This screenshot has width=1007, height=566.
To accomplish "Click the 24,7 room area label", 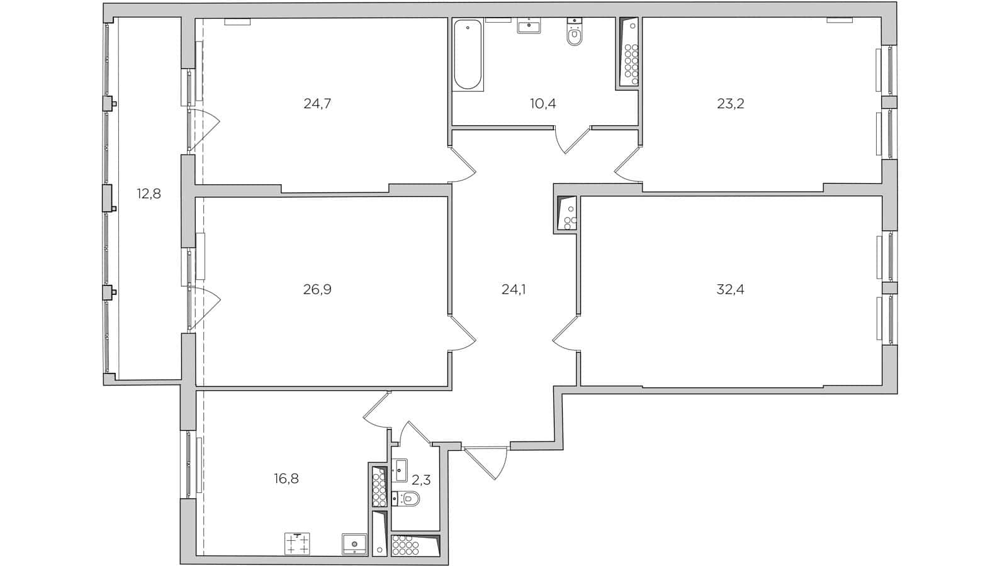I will (x=317, y=104).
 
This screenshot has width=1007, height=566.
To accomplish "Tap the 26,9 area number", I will (x=317, y=289).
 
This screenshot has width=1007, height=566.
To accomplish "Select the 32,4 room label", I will (x=730, y=289).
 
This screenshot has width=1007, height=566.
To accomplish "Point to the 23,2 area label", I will (x=730, y=104).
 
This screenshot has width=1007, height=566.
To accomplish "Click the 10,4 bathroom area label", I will (x=543, y=104).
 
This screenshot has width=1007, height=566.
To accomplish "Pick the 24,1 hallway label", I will (x=513, y=289).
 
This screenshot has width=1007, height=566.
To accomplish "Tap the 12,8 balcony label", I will (x=149, y=194).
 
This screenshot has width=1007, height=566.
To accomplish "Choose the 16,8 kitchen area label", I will (x=286, y=479).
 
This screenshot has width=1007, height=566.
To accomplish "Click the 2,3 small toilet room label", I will (x=421, y=480).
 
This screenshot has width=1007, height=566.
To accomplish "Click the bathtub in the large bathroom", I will (x=468, y=55).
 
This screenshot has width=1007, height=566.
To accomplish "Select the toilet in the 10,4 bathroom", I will (x=574, y=35).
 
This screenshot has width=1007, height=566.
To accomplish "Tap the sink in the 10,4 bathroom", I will (x=529, y=26).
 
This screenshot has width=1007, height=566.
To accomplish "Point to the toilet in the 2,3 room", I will (x=408, y=499).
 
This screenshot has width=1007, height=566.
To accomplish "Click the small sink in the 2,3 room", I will (x=400, y=470).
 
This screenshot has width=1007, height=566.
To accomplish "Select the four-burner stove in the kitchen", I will (x=298, y=544).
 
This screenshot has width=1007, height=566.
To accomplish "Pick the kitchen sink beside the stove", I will (x=354, y=544).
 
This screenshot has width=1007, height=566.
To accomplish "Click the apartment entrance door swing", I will (x=490, y=462).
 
